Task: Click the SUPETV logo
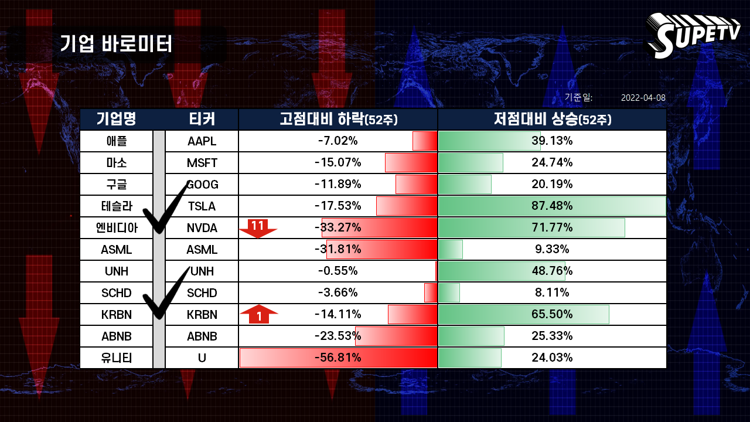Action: tap(693, 36)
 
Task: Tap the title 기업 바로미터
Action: tap(116, 44)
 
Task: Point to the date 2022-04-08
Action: tap(643, 98)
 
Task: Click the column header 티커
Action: tap(202, 119)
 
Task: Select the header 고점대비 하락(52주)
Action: tap(339, 119)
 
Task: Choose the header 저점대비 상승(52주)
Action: tap(553, 119)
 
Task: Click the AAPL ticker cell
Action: tap(202, 141)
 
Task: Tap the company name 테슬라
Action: tap(117, 206)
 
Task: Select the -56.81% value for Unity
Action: tap(338, 358)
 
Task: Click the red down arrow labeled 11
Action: tap(257, 229)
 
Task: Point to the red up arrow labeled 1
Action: tap(259, 314)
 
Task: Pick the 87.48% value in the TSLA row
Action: tap(552, 206)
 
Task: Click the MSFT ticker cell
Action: tap(202, 163)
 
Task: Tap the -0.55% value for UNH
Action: tap(338, 271)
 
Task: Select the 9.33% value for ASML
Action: tap(552, 249)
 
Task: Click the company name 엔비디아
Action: tap(117, 228)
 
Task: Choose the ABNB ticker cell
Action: tap(202, 336)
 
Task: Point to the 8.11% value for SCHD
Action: tap(552, 292)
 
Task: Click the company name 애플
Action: tap(117, 141)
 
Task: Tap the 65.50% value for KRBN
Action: tap(552, 314)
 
